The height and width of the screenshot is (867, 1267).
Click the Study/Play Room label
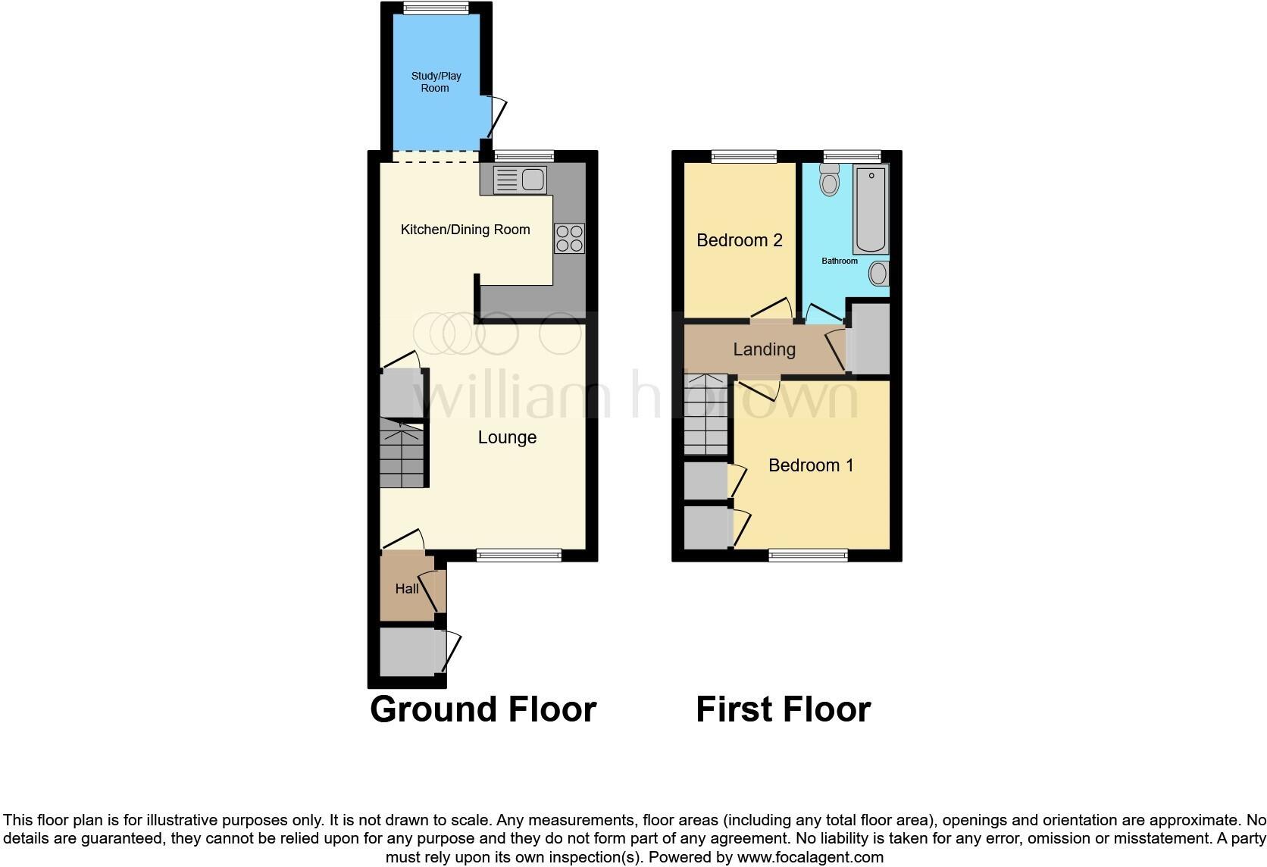[x=435, y=82]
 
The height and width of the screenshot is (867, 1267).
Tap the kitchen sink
[x=519, y=180]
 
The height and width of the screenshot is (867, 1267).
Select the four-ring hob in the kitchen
[x=569, y=238]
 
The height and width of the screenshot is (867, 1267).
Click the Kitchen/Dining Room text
[x=465, y=230]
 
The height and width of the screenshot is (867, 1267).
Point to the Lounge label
[x=507, y=437]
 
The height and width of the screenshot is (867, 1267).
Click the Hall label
[x=407, y=589]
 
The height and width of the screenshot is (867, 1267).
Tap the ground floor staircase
[x=402, y=455]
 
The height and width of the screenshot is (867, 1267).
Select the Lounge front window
[x=519, y=556]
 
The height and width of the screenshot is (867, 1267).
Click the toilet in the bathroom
[x=830, y=180]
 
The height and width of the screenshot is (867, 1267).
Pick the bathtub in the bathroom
[x=870, y=210]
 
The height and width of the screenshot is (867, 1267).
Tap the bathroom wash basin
[x=878, y=274]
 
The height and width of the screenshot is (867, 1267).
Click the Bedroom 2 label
[x=739, y=240]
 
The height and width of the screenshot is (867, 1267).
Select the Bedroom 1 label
[x=811, y=465]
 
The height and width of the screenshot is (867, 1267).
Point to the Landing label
[x=764, y=349]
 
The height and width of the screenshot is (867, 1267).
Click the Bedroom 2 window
[x=744, y=156]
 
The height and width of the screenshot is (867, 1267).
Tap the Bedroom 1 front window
[x=808, y=556]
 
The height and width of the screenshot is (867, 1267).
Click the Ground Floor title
[x=483, y=709]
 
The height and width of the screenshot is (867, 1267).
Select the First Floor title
[x=783, y=709]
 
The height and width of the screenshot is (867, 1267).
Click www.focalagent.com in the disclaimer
[x=810, y=857]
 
